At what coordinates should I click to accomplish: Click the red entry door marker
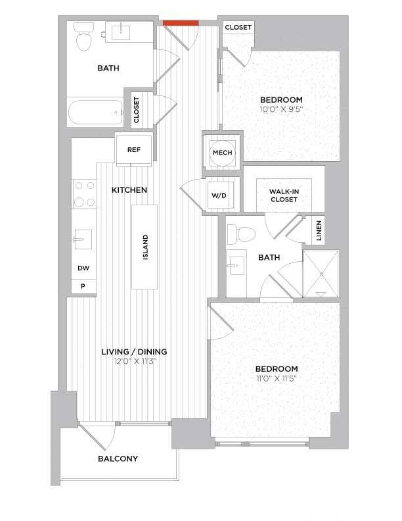[x=181, y=24]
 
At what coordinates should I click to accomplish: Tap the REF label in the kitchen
[x=133, y=149]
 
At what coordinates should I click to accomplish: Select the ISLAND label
[x=145, y=247]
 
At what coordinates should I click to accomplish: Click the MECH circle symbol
[x=221, y=153]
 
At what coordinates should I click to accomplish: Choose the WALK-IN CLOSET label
[x=283, y=195]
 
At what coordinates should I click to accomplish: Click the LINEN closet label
[x=318, y=230]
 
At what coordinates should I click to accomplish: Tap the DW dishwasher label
[x=83, y=268]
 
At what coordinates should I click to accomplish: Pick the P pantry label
[x=83, y=286]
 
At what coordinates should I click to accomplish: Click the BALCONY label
[x=118, y=459]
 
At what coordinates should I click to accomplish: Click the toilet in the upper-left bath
[x=83, y=37]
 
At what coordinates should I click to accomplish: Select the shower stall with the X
[x=321, y=272]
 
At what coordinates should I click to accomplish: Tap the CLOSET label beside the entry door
[x=238, y=28]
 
